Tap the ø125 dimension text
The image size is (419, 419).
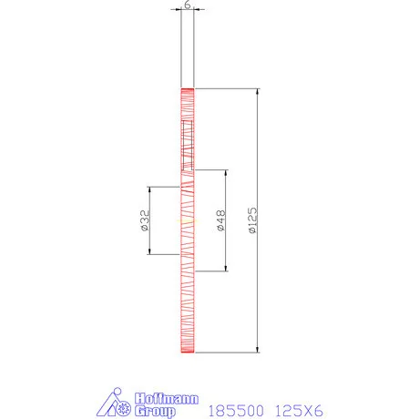pyautogui.click(x=252, y=220)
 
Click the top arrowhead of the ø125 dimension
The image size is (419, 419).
pyautogui.click(x=258, y=92)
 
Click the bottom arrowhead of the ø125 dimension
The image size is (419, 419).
pyautogui.click(x=258, y=347)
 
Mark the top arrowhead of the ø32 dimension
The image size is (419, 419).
pyautogui.click(x=150, y=189)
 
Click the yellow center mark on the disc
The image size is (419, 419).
pyautogui.click(x=187, y=220)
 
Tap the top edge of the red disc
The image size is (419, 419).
pyautogui.click(x=187, y=89)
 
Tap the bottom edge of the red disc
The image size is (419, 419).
pyautogui.click(x=187, y=351)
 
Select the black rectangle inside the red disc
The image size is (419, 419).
pyautogui.click(x=188, y=146)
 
